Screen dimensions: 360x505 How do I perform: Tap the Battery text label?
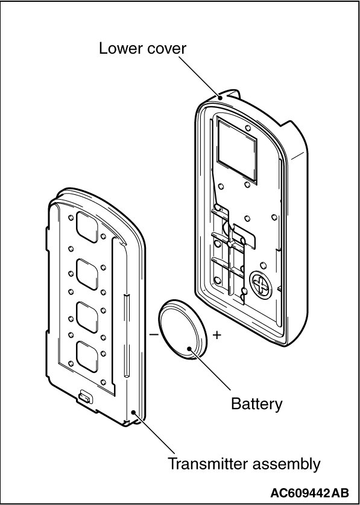coord(257,404)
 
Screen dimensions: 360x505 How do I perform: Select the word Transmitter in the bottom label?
coord(207,464)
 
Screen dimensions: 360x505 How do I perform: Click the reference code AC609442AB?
coord(310,493)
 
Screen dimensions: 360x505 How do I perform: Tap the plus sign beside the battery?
coord(217,335)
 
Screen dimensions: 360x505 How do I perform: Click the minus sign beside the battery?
coord(154,335)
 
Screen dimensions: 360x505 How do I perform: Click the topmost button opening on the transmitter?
coord(87,227)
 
